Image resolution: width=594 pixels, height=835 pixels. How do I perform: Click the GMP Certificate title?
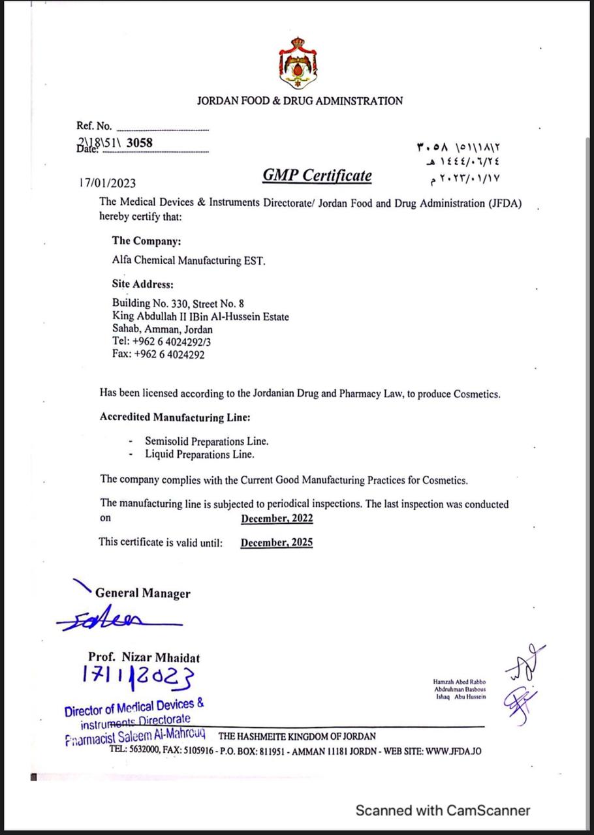[x=317, y=175]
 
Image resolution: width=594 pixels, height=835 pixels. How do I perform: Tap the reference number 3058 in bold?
[x=140, y=142]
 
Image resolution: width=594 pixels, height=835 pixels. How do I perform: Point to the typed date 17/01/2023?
[x=108, y=183]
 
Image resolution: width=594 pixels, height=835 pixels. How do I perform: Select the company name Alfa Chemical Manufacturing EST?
[x=189, y=260]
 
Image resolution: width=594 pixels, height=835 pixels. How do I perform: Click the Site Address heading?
[x=142, y=284]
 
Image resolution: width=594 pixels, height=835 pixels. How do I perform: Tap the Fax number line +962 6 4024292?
[x=158, y=355]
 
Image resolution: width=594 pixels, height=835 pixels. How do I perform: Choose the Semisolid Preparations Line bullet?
[x=206, y=441]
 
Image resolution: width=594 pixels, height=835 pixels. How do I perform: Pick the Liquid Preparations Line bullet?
[x=199, y=454]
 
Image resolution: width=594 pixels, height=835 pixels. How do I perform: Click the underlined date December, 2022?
[x=277, y=519]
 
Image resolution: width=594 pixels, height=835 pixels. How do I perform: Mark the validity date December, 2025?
[x=277, y=543]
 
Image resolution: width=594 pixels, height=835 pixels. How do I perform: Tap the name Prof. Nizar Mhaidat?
[x=144, y=658]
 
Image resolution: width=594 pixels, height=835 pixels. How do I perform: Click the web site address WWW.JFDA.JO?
[x=453, y=751]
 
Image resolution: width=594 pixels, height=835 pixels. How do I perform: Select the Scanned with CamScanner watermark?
[x=443, y=810]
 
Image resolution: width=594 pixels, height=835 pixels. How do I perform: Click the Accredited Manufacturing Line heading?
[x=175, y=417]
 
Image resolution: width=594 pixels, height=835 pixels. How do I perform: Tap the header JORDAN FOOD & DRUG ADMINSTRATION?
[x=300, y=101]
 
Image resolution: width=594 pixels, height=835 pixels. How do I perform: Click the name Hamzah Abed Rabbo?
[x=460, y=682]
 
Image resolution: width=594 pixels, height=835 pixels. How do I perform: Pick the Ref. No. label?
[x=94, y=126]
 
